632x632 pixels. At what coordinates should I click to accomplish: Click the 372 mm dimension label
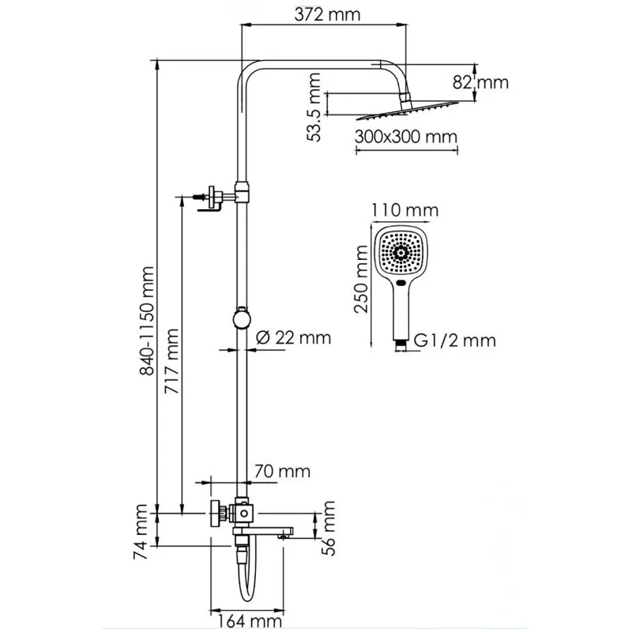click(x=324, y=14)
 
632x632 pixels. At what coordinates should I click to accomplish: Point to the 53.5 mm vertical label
click(x=315, y=106)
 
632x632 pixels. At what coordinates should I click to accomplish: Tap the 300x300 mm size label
click(x=406, y=136)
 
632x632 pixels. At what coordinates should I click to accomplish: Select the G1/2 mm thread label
click(x=455, y=341)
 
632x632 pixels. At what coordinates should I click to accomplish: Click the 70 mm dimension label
click(x=282, y=472)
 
